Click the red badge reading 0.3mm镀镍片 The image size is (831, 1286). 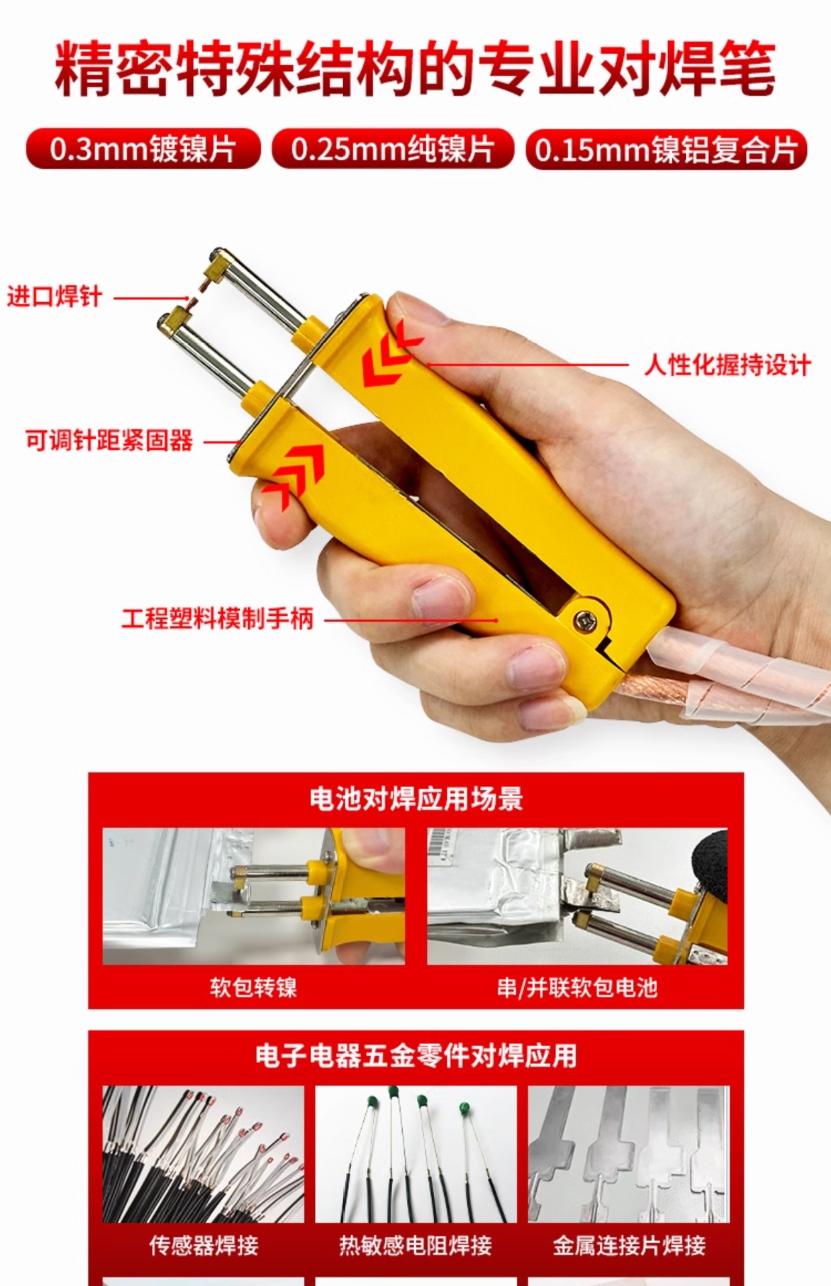click(x=143, y=149)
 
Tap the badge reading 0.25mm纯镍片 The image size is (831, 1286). click(x=393, y=149)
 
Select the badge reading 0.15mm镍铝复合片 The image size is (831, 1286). click(x=667, y=149)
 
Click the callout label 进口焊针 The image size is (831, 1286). click(x=54, y=296)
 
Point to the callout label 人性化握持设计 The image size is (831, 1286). click(x=727, y=365)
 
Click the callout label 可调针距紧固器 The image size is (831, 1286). click(x=109, y=441)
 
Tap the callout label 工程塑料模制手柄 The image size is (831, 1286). click(x=218, y=618)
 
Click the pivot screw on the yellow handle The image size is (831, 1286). click(x=585, y=621)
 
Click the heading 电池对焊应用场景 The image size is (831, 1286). click(x=416, y=799)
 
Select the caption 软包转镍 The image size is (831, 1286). click(x=253, y=987)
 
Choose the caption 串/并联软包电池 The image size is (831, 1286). click(x=577, y=987)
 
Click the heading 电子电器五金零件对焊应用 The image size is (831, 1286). click(x=416, y=1056)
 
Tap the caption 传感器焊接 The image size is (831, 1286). click(x=203, y=1245)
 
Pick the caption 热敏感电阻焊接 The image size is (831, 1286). click(x=415, y=1245)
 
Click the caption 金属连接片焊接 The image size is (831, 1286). click(x=629, y=1245)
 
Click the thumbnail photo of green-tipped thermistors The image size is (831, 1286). click(x=415, y=1154)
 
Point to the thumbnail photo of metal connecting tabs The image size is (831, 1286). click(x=629, y=1154)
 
